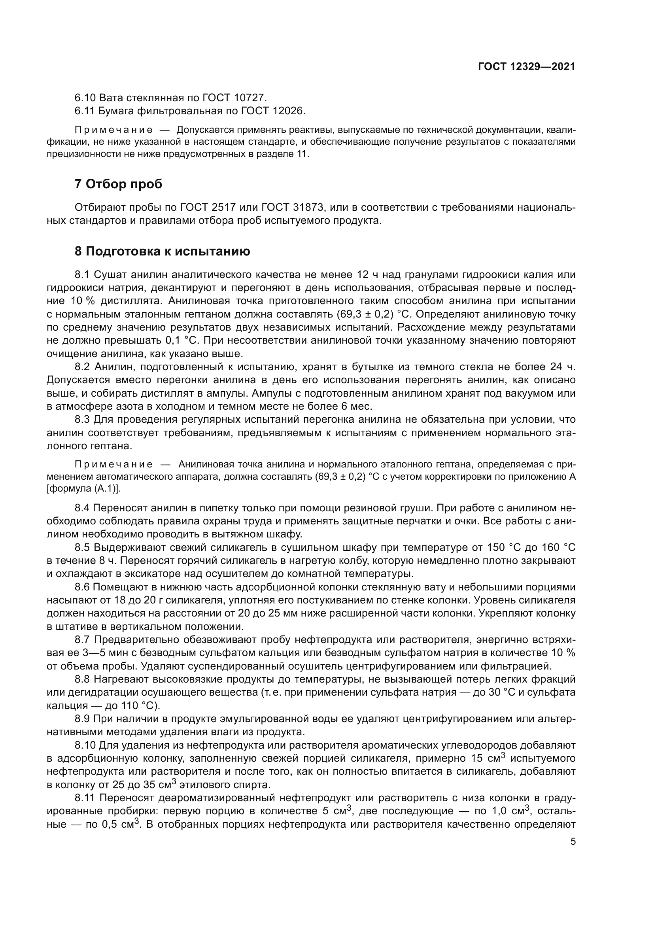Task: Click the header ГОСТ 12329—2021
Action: (x=526, y=67)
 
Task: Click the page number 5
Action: (x=573, y=842)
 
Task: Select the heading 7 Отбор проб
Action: (x=118, y=184)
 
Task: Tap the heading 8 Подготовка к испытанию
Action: (x=162, y=252)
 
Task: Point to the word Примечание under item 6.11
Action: (x=113, y=130)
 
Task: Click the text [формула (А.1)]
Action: (x=83, y=489)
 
